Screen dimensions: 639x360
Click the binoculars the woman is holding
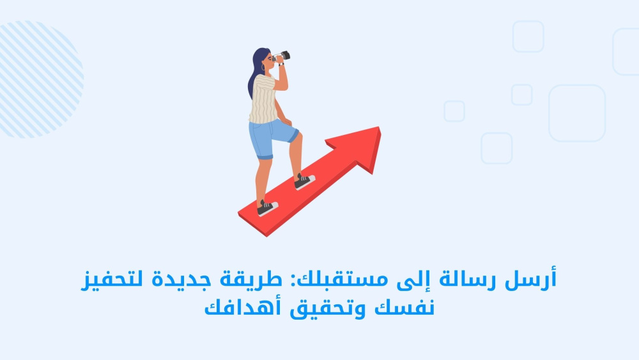click(282, 56)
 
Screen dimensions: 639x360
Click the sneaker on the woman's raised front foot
click(304, 181)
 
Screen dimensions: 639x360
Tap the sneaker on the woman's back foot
click(267, 208)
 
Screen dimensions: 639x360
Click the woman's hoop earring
click(263, 67)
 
